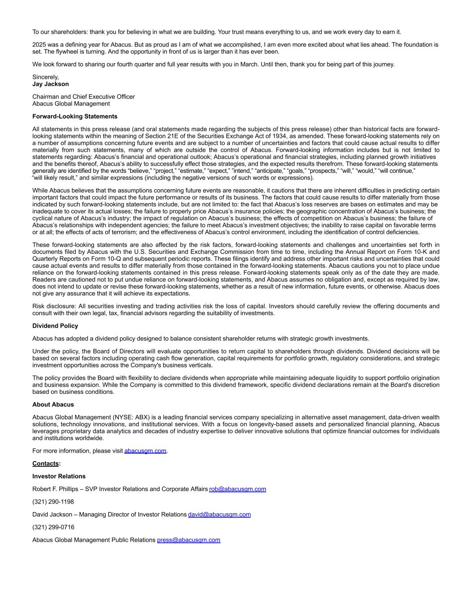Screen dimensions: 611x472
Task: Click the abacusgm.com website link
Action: tap(145, 451)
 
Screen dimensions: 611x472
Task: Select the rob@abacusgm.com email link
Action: tap(237, 489)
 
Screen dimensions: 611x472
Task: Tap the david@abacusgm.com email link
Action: tap(219, 515)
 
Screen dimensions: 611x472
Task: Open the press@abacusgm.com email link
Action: tap(188, 540)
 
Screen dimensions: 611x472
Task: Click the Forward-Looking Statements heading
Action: tap(75, 116)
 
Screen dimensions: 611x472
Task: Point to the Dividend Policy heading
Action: tap(55, 326)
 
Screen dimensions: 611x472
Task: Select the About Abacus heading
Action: tap(53, 405)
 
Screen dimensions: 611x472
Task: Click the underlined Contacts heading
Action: tap(46, 464)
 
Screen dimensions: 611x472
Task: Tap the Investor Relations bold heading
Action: tap(59, 476)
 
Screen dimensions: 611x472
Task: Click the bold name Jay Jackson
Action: tap(51, 84)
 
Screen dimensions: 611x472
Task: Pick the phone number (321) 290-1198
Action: tap(53, 502)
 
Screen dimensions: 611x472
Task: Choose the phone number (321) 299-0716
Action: tap(53, 527)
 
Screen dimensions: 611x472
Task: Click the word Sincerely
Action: tap(45, 77)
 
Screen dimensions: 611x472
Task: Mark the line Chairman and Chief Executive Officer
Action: tap(83, 97)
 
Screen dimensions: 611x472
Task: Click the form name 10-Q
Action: tap(108, 259)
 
